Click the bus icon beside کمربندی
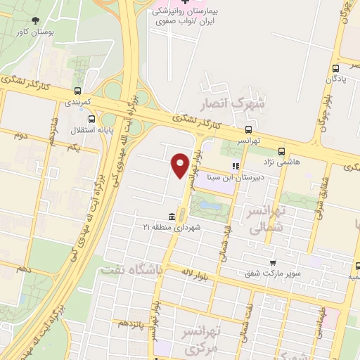coord(77,91)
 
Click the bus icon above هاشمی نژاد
coord(281,150)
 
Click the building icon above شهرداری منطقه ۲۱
coord(172,216)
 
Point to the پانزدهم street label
coord(131,323)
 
